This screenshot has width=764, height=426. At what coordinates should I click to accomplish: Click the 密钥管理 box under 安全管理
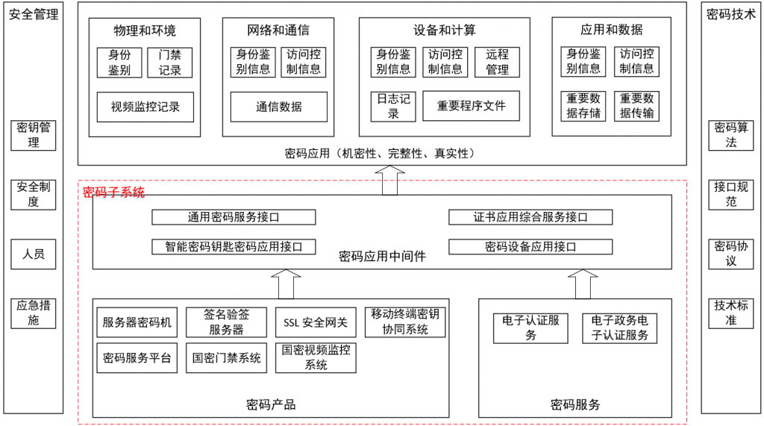pyautogui.click(x=33, y=136)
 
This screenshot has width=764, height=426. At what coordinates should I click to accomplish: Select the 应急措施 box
pyautogui.click(x=33, y=313)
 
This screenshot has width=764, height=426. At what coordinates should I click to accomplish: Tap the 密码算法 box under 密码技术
pyautogui.click(x=731, y=136)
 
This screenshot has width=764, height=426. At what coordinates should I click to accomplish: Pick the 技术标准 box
pyautogui.click(x=731, y=313)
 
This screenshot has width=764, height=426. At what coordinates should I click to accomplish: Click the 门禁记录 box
pyautogui.click(x=169, y=63)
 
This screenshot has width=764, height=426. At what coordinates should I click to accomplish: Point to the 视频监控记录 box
pyautogui.click(x=145, y=107)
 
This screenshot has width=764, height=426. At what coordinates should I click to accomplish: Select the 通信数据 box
pyautogui.click(x=279, y=107)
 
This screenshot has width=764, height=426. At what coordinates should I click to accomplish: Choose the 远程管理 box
pyautogui.click(x=497, y=62)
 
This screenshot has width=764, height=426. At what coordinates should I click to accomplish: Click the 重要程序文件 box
pyautogui.click(x=472, y=106)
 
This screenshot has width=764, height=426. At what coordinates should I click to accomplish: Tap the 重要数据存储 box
pyautogui.click(x=583, y=106)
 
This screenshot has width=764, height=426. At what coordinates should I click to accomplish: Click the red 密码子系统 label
pyautogui.click(x=113, y=192)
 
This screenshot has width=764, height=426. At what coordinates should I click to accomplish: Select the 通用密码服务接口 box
pyautogui.click(x=234, y=217)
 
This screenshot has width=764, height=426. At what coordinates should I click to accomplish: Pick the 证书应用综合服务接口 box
pyautogui.click(x=530, y=217)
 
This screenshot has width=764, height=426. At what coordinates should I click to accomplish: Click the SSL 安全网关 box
pyautogui.click(x=316, y=322)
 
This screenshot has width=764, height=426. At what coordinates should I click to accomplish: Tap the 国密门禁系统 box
pyautogui.click(x=227, y=358)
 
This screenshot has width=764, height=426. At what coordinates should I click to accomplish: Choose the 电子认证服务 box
pyautogui.click(x=530, y=328)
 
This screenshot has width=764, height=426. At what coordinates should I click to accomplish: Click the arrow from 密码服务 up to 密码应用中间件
pyautogui.click(x=583, y=284)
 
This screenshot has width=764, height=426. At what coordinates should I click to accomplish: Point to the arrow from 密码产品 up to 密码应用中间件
pyautogui.click(x=286, y=284)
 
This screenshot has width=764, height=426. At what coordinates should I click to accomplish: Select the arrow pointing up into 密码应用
pyautogui.click(x=389, y=181)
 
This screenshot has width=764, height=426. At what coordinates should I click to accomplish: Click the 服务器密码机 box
pyautogui.click(x=137, y=322)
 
